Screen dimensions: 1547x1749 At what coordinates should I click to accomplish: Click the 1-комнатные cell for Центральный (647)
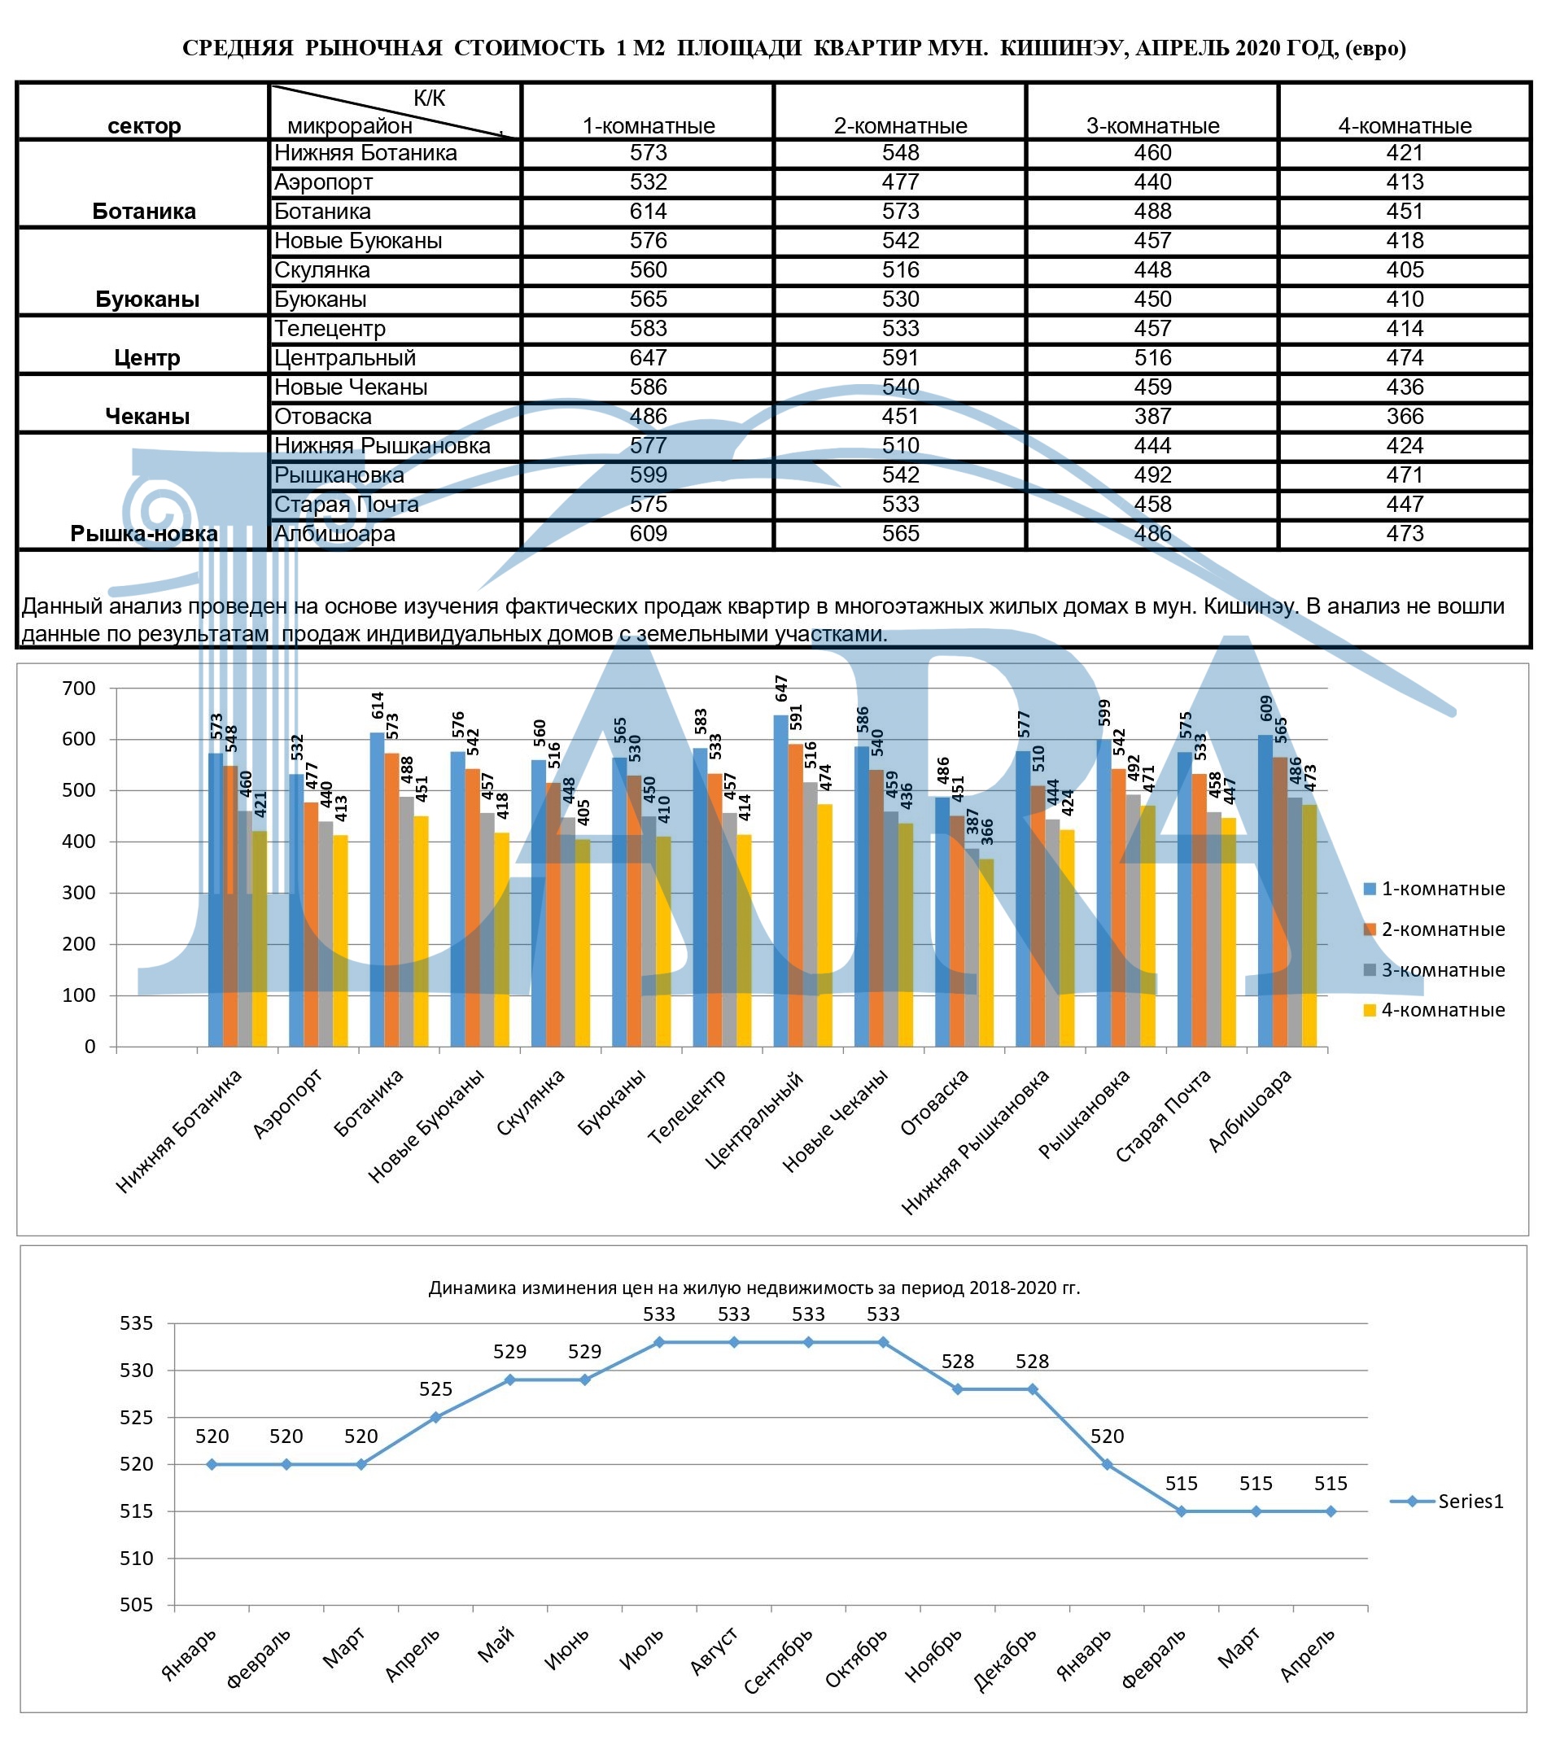tap(648, 357)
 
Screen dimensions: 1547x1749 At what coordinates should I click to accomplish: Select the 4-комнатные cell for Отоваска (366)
tap(1404, 417)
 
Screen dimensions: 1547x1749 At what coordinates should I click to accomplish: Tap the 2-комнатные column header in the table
tap(900, 126)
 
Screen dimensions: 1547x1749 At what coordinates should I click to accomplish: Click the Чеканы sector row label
tap(147, 417)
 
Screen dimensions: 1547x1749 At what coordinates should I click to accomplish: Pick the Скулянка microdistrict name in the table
tap(321, 270)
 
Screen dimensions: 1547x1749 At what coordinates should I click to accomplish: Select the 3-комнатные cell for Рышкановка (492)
tap(1152, 475)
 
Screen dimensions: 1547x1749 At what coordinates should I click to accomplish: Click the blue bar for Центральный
tap(781, 881)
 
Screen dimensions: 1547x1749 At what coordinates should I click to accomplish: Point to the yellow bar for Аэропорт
tap(340, 940)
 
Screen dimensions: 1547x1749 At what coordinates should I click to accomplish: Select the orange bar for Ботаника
tap(392, 899)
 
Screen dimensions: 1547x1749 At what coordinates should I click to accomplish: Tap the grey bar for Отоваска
tap(972, 947)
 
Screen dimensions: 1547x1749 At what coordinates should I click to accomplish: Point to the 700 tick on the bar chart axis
tap(79, 688)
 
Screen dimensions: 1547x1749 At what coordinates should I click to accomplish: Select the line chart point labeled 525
tap(435, 1417)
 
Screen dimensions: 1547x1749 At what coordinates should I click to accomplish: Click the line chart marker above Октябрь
tap(883, 1343)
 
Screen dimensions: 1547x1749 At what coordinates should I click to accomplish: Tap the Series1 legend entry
tap(1448, 1501)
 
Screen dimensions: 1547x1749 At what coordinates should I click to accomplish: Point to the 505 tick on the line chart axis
tap(136, 1604)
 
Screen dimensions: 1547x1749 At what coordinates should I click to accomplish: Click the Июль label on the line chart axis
tap(642, 1648)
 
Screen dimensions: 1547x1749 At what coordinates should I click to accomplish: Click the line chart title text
tap(754, 1288)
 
